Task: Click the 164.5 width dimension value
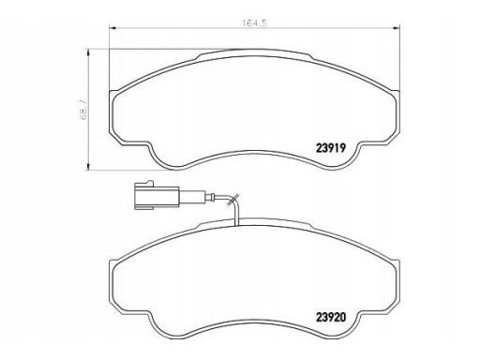pos(255,23)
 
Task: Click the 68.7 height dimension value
pos(83,111)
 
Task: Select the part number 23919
pos(331,148)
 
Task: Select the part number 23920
pos(331,318)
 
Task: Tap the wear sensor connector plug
pos(157,195)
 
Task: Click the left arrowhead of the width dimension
pos(112,28)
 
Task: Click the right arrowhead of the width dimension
pos(397,28)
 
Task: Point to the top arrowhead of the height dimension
pos(89,53)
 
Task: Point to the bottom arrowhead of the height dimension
pos(89,166)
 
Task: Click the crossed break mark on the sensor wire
pos(233,200)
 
